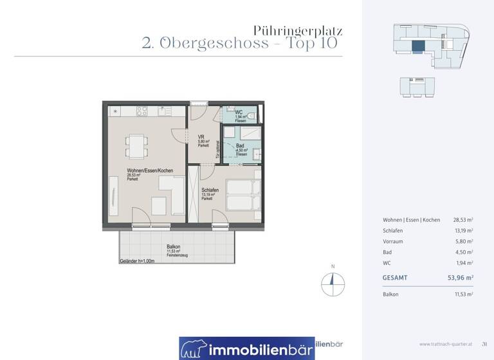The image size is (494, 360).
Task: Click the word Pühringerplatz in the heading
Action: pos(298,30)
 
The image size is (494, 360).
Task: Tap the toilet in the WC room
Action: pos(253,116)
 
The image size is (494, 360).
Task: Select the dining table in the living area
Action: pos(136,146)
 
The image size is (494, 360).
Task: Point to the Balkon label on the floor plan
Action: pos(173,247)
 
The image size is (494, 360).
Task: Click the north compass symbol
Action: pos(333,281)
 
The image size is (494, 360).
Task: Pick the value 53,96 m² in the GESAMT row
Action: pos(460,278)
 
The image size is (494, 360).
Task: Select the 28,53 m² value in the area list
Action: pos(462,220)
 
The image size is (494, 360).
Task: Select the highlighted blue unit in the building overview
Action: pos(418,46)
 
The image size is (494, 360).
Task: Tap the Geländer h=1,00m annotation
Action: pos(137,261)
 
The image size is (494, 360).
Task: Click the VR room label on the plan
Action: pos(201,136)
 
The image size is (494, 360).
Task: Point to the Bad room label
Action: pos(240,146)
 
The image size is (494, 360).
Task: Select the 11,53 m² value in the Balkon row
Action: pos(462,294)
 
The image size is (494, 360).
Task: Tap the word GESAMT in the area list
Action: pos(394,278)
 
